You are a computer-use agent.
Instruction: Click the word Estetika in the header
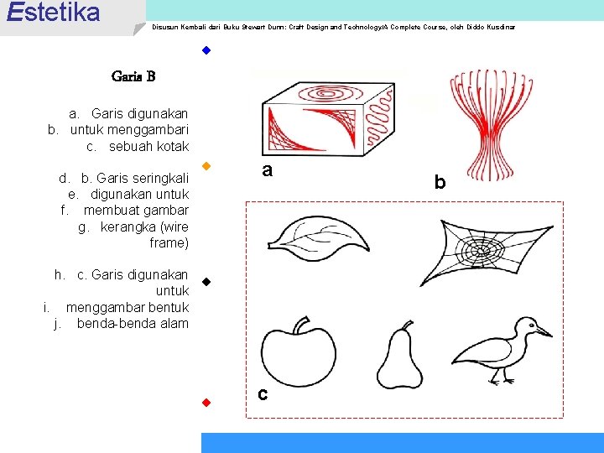pyautogui.click(x=52, y=13)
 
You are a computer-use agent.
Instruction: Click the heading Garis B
pyautogui.click(x=133, y=77)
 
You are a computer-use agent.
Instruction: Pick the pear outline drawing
pyautogui.click(x=401, y=355)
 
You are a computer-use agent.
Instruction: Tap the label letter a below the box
pyautogui.click(x=267, y=170)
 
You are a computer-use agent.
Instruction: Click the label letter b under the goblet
pyautogui.click(x=440, y=181)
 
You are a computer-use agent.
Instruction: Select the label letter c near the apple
pyautogui.click(x=263, y=393)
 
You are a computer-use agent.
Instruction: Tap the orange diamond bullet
pyautogui.click(x=205, y=165)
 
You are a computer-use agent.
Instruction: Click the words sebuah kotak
pyautogui.click(x=148, y=147)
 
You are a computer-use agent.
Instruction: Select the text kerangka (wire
pyautogui.click(x=144, y=227)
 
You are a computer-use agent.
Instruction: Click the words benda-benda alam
pyautogui.click(x=133, y=324)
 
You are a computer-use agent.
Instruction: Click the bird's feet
pyautogui.click(x=502, y=381)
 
